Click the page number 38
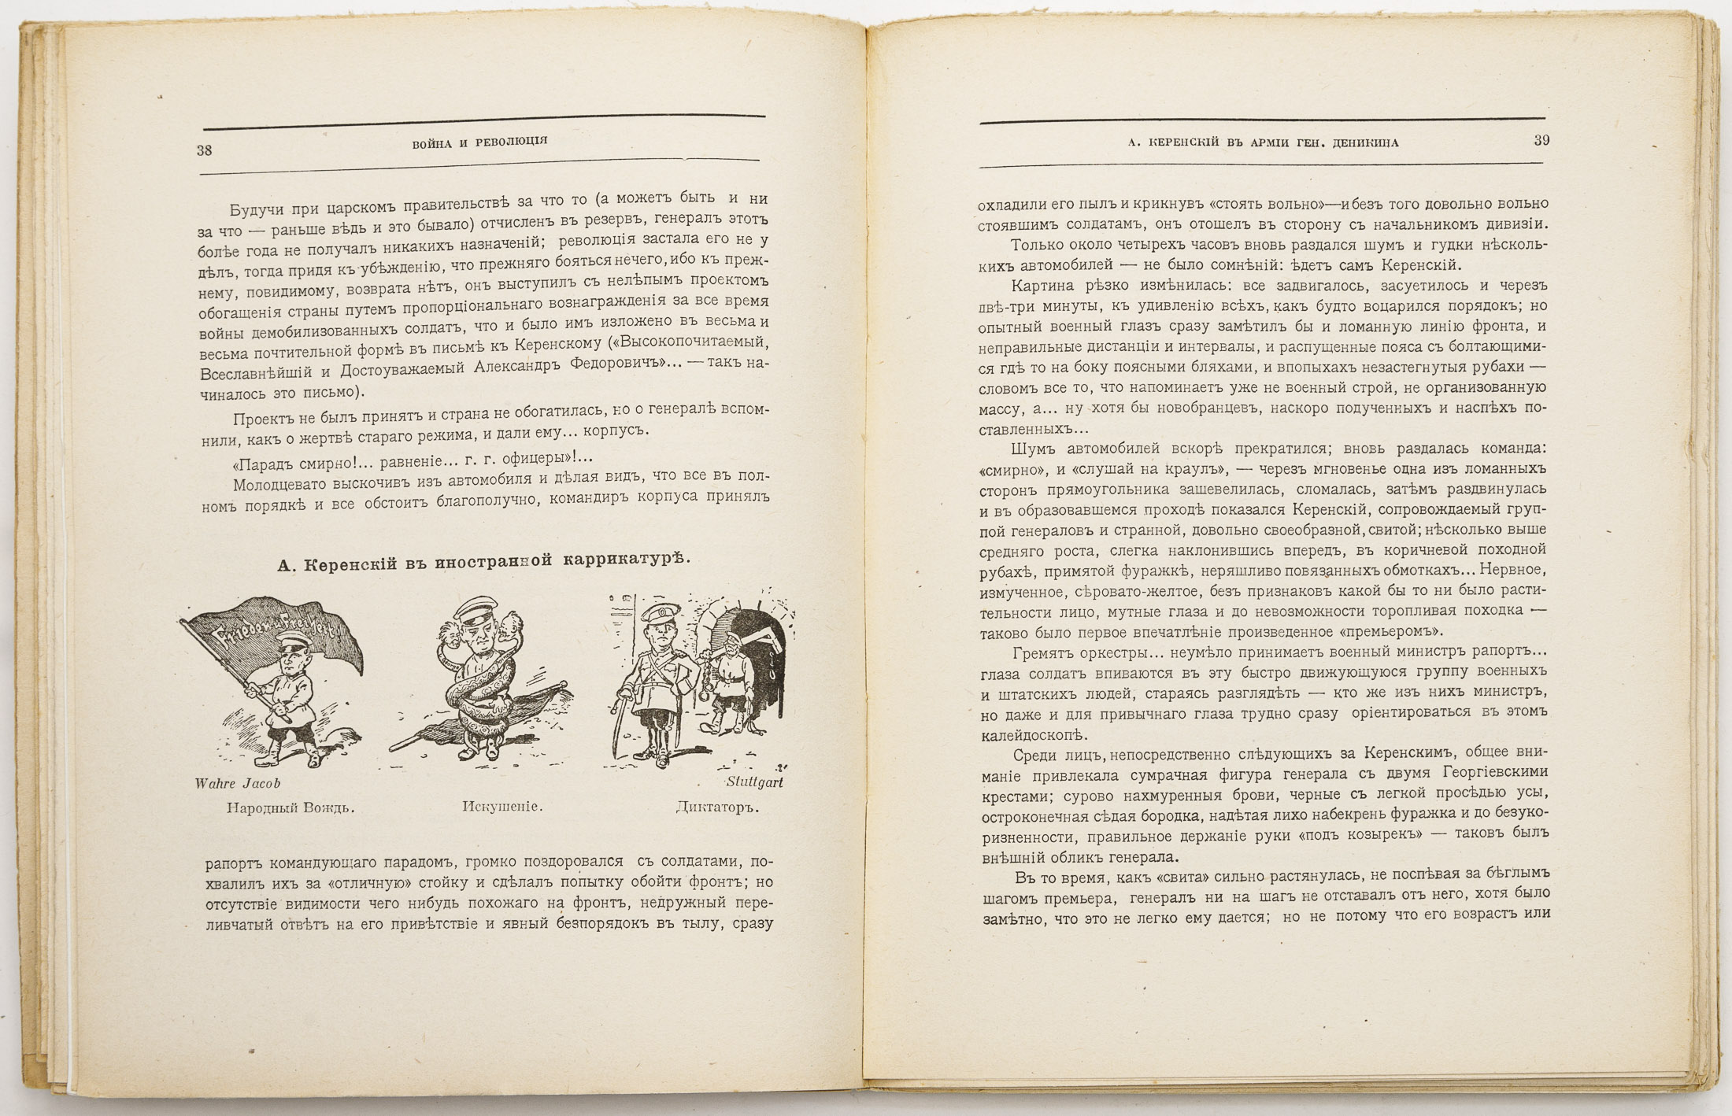204,150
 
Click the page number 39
1541,141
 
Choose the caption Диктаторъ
716,807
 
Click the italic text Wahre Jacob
237,784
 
